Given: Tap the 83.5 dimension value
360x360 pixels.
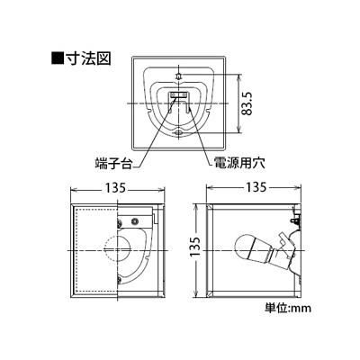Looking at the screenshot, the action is click(247, 103).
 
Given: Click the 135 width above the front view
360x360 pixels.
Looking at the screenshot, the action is click(117, 188).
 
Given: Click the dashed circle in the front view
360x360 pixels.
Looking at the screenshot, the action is click(117, 250).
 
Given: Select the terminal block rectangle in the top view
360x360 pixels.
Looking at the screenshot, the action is click(178, 95).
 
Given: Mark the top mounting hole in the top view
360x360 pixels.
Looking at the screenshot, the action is click(178, 75).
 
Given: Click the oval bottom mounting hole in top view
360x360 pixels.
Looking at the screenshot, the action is click(178, 132).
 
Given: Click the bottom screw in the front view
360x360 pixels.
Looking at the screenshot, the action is click(120, 280).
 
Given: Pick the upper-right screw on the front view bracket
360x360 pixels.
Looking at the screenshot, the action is click(135, 220).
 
